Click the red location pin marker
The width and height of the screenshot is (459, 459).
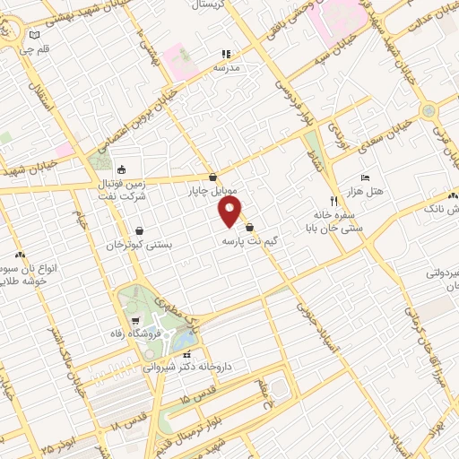pyautogui.click(x=231, y=212)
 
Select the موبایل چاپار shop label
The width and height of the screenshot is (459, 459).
pyautogui.click(x=212, y=191)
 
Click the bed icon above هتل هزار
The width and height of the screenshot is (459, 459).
pyautogui.click(x=364, y=178)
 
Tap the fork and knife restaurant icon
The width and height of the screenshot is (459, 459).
pyautogui.click(x=333, y=201)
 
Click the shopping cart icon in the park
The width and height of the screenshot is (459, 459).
pyautogui.click(x=134, y=319)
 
